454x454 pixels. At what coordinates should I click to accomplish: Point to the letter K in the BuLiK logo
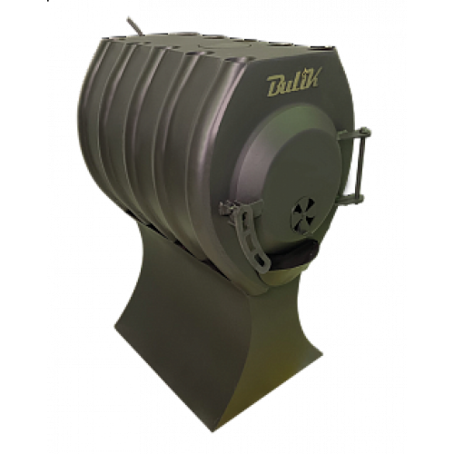[312, 78]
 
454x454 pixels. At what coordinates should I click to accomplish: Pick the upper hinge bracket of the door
[354, 134]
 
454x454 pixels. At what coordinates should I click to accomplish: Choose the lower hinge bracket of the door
[352, 198]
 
